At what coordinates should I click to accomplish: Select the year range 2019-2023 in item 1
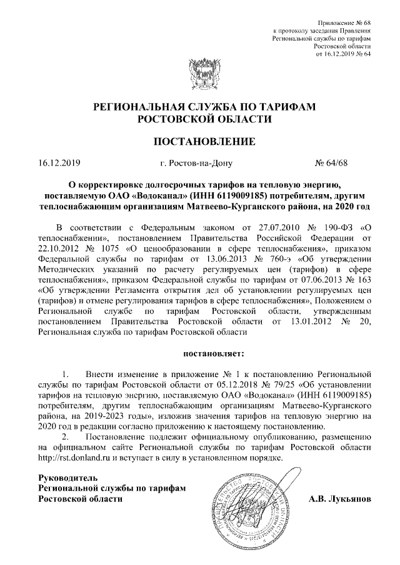coord(140,415)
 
